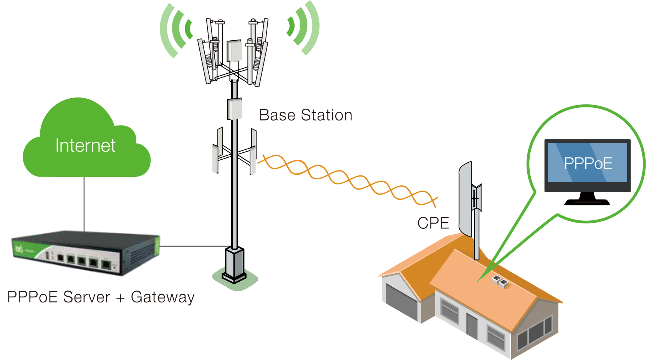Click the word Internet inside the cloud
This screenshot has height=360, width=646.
tap(85, 146)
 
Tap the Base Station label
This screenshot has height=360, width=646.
tap(305, 115)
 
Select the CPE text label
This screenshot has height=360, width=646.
tap(433, 223)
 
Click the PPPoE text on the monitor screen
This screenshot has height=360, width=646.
tap(588, 163)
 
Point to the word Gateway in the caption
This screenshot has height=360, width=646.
tap(162, 297)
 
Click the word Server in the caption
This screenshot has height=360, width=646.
tap(86, 297)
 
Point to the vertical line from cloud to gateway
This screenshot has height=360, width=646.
tap(84, 203)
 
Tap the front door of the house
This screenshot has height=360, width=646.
tap(472, 326)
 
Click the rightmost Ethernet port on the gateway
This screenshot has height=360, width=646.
tap(106, 264)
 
